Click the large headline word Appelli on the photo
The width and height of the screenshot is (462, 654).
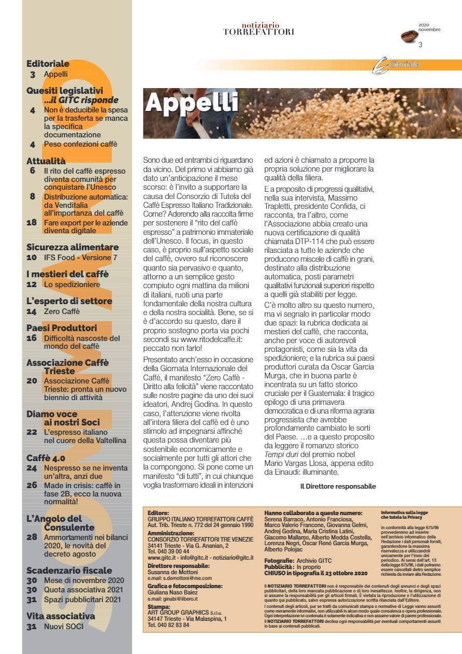[191, 103]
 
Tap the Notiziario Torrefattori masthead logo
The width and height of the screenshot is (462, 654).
[258, 29]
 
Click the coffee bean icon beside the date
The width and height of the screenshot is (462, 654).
[409, 36]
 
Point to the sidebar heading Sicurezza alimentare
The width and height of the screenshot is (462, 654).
[73, 247]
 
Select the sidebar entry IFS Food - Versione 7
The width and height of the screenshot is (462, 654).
[80, 258]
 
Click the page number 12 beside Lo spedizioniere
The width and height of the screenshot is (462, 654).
[32, 285]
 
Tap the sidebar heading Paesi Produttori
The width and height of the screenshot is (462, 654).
[62, 328]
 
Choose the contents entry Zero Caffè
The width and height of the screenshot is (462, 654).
[62, 311]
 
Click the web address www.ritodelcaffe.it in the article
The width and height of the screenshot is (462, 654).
[202, 339]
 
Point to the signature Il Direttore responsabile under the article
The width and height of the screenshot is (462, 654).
[338, 487]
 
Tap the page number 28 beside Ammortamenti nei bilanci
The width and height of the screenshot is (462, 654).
[32, 537]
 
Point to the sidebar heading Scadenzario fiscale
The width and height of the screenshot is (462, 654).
[69, 571]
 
